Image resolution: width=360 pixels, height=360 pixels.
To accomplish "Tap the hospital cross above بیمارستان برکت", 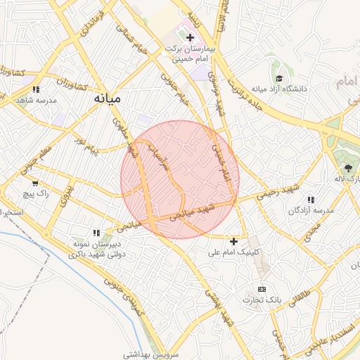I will tap(190, 37).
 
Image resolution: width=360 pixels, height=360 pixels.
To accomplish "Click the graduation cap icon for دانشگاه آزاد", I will tap(279, 79).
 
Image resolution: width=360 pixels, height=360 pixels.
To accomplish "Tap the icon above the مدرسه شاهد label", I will tap(36, 90).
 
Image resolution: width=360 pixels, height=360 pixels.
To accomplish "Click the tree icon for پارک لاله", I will tap(347, 167).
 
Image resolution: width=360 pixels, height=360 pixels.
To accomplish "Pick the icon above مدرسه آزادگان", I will tap(311, 200).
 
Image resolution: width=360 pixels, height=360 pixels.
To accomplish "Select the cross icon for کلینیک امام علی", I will tap(234, 241).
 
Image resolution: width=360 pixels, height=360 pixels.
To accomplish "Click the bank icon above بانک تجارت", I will tap(262, 289).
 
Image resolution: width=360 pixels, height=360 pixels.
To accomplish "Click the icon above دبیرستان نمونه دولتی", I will tap(96, 233).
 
